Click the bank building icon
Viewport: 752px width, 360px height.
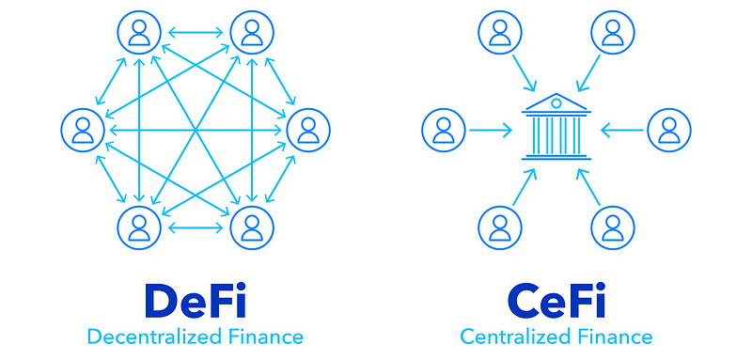pos(556,126)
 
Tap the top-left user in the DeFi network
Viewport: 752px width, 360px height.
pos(139,32)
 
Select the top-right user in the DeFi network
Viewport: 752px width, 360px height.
pos(252,32)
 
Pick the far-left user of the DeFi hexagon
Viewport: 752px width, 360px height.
pos(83,130)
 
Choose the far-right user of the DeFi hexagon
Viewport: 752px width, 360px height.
pos(308,130)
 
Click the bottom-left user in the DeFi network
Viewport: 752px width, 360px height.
pos(139,227)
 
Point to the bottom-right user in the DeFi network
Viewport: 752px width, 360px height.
pos(252,227)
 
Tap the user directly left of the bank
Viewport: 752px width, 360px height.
pos(444,130)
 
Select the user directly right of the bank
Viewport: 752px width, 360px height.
pos(669,130)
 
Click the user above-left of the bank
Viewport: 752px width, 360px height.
pos(500,32)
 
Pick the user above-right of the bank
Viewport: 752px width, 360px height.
pos(613,32)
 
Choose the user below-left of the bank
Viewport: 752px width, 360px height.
pos(500,227)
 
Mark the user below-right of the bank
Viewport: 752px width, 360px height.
pos(613,227)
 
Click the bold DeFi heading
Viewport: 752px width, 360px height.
pos(196,300)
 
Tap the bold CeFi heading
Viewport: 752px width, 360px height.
pos(556,300)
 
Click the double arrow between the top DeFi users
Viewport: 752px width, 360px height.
pos(196,33)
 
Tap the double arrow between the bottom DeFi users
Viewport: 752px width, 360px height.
pos(196,227)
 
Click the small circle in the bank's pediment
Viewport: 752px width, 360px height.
pos(556,102)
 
